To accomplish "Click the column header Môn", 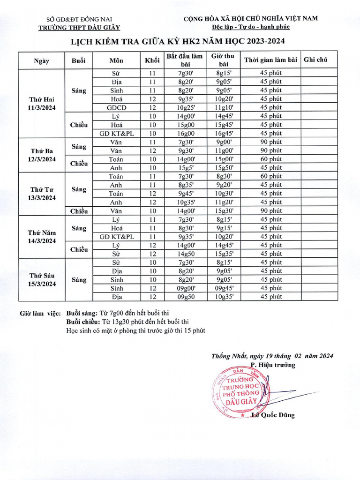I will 116,60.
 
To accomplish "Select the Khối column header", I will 152,60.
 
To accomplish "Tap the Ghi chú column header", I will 315,60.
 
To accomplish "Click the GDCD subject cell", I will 116,107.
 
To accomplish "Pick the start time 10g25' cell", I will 184,107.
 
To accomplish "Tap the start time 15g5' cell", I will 184,168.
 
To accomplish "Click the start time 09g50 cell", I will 184,297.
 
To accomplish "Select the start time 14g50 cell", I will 184,254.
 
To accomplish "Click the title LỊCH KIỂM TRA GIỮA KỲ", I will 178,41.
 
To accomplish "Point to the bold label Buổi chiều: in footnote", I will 83,322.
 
